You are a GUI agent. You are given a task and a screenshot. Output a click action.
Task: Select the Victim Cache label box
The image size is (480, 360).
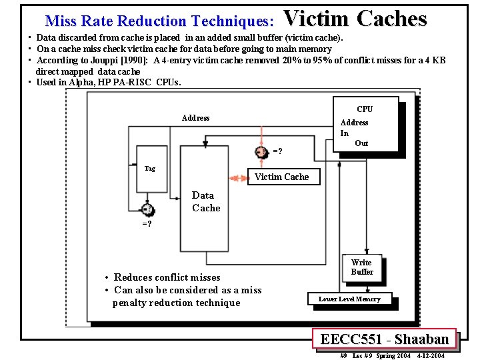(x=281, y=177)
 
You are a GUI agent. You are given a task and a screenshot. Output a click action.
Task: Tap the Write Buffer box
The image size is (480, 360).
(x=361, y=267)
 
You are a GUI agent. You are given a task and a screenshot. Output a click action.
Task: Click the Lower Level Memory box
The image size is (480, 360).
(x=349, y=299)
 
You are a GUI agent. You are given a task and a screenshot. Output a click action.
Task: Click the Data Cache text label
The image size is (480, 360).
(x=205, y=201)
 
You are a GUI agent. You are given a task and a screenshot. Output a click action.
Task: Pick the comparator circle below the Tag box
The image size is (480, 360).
(x=147, y=211)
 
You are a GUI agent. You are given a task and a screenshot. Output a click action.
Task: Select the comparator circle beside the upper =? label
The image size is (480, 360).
(x=262, y=152)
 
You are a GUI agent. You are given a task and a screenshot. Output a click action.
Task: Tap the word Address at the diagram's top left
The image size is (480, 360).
(x=195, y=118)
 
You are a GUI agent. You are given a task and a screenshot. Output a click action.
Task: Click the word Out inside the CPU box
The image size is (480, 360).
(x=361, y=143)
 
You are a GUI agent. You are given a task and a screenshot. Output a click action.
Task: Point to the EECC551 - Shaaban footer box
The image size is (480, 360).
(x=384, y=339)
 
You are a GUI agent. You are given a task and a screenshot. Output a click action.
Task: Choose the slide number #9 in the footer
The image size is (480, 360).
(x=343, y=356)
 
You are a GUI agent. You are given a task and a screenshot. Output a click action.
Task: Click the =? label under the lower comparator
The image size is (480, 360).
(x=146, y=224)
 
